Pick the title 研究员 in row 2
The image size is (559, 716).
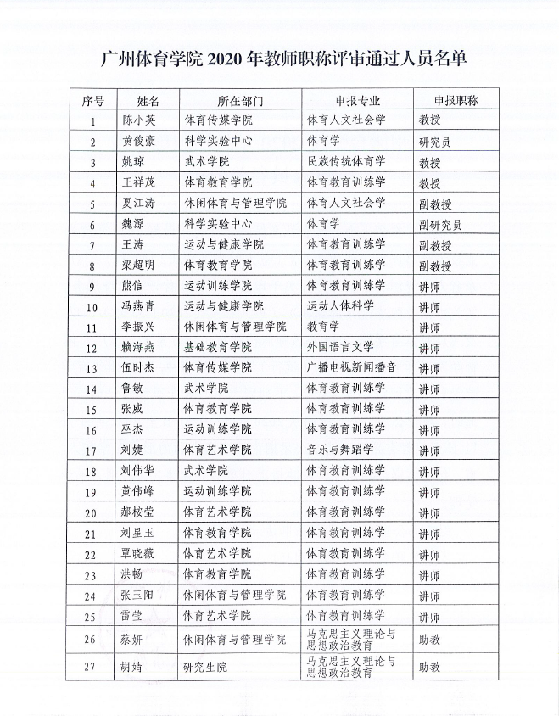[x=434, y=142]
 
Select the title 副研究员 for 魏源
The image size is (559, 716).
[x=439, y=225]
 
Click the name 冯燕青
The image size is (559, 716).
[x=141, y=306]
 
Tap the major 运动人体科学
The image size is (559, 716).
[x=339, y=306]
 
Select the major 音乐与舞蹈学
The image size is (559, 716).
[x=339, y=450]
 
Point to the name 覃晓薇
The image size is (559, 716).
[x=141, y=553]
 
